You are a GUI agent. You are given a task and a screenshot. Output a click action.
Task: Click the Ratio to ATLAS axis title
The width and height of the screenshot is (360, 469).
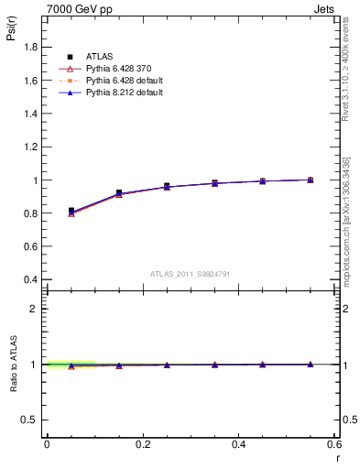(x=11, y=364)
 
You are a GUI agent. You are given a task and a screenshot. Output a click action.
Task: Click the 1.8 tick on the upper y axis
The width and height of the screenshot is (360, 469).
(x=33, y=48)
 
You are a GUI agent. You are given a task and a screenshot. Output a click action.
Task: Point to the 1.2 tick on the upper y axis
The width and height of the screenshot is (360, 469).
(x=33, y=147)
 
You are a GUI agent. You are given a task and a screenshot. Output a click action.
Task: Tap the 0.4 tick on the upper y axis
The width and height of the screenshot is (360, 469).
(x=33, y=279)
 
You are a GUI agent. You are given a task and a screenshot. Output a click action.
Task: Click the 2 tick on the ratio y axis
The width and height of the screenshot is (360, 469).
(x=38, y=309)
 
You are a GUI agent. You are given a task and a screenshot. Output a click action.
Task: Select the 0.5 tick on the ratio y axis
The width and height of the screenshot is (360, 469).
(x=33, y=420)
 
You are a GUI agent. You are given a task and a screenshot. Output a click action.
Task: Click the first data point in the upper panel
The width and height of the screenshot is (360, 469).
(x=71, y=212)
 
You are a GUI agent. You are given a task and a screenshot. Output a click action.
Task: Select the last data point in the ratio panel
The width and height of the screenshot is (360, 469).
(x=311, y=364)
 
